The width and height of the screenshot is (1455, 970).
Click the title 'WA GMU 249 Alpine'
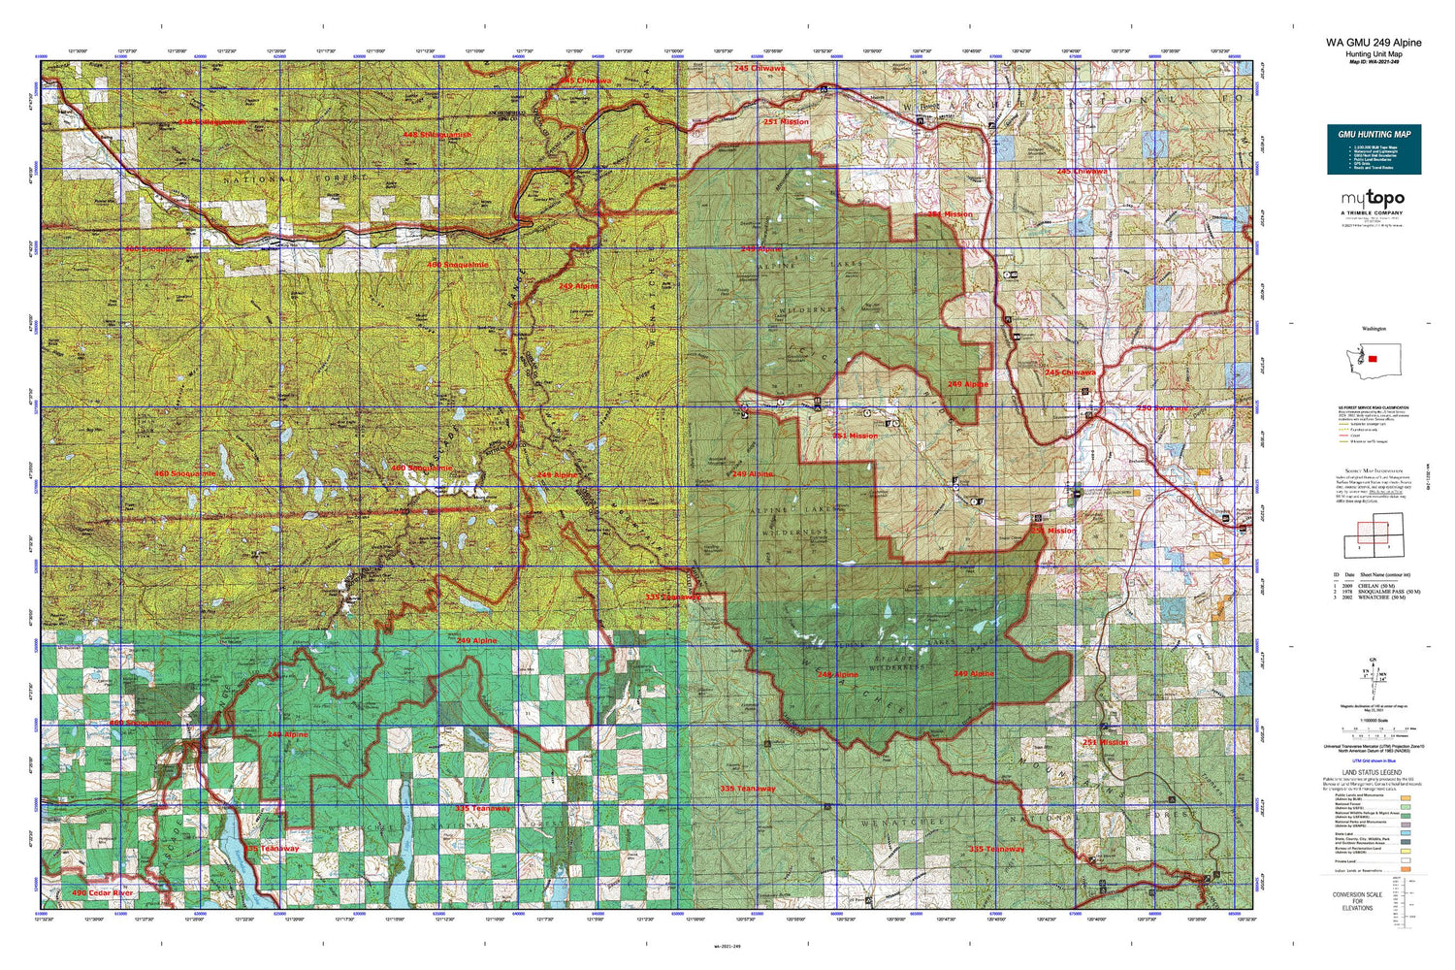[x=1374, y=43]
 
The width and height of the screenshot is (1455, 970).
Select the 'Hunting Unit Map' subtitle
[x=1374, y=54]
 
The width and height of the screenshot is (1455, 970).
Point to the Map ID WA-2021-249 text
[x=1374, y=62]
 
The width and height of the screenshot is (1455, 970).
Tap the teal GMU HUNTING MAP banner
[x=1374, y=149]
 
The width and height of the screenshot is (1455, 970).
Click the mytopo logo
[x=1373, y=199]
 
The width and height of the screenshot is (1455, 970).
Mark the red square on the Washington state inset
[x=1373, y=359]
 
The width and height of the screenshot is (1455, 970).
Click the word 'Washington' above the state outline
[x=1374, y=329]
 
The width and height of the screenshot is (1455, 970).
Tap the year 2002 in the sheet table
[x=1347, y=598]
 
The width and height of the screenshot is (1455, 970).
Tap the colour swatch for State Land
[x=1406, y=832]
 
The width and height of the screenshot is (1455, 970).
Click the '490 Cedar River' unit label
[x=103, y=892]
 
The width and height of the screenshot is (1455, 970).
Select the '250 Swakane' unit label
[x=1161, y=408]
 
